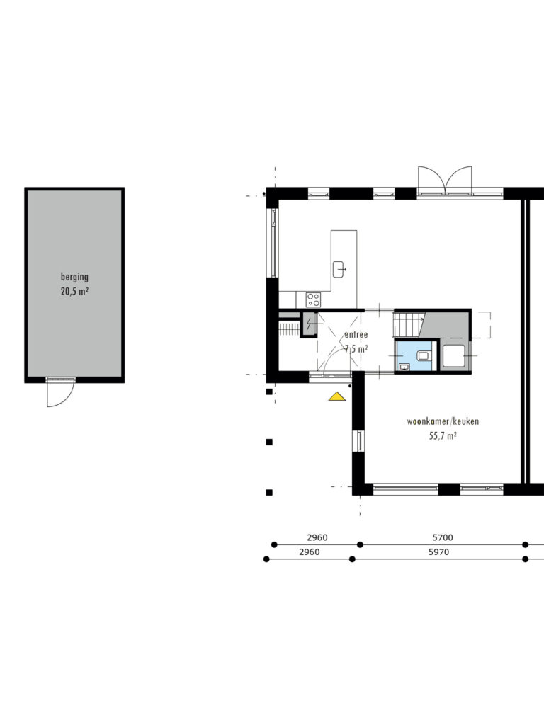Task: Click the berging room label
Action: coord(74,277)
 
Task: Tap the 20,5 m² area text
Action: coord(74,291)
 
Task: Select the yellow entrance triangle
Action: coord(337,396)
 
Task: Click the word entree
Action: coord(356,334)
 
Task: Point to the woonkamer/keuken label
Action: coord(443,421)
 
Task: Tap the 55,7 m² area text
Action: coord(443,435)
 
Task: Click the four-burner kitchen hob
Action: coord(313,299)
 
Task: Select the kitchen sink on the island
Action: coord(339,269)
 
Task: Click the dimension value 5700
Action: coord(443,537)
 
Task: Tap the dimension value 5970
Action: coord(438,552)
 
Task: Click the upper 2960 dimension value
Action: coord(317,537)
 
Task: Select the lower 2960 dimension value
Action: coord(310,552)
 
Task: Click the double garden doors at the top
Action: coord(445,181)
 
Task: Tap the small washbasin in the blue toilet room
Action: coord(404,367)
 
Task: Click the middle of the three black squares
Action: coord(269,442)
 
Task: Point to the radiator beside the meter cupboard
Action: coord(290,329)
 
